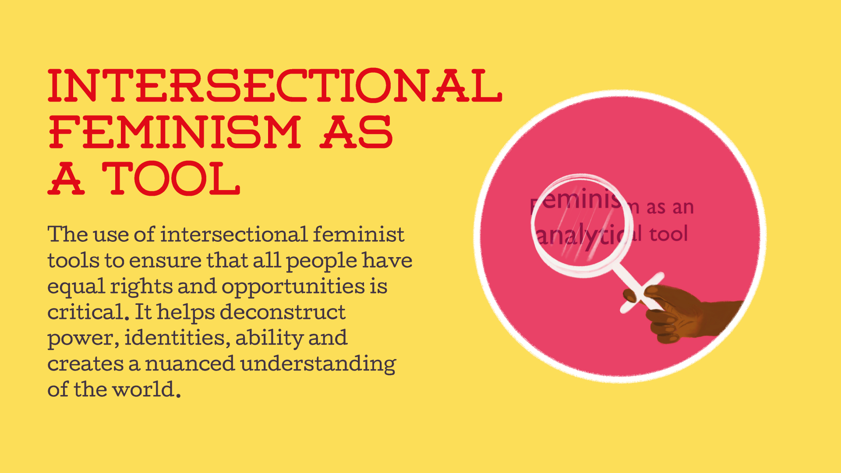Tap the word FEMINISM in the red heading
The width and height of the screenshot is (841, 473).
coord(174,132)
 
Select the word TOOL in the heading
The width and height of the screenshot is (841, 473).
coord(171,179)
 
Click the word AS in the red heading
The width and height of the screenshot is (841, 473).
coord(356,132)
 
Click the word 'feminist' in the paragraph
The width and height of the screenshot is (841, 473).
coord(358,234)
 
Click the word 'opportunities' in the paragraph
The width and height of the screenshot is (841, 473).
coord(293,287)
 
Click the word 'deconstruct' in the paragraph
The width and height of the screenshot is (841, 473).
coord(283,312)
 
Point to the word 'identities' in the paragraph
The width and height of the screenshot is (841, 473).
coord(177,338)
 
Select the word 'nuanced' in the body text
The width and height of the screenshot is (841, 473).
coord(190,364)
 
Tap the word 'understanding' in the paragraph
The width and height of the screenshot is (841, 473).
coord(318,364)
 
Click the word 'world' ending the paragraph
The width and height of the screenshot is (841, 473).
coord(144,389)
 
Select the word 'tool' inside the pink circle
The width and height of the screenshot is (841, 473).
coord(668,234)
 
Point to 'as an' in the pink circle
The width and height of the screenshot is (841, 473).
coord(670,207)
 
